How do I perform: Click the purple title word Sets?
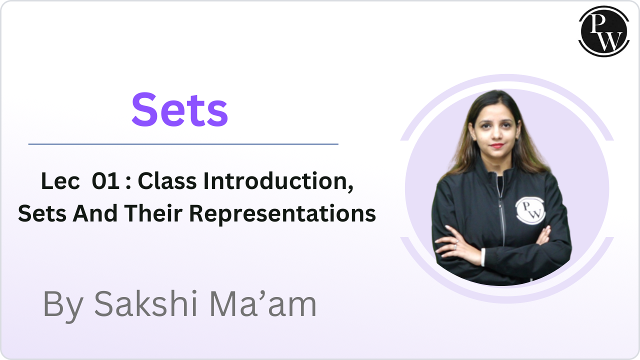click(x=180, y=109)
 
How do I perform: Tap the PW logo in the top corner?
click(x=603, y=30)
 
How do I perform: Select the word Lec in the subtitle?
click(x=60, y=182)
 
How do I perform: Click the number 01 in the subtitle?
click(x=106, y=182)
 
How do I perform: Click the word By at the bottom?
click(x=62, y=304)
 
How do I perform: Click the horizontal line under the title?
click(x=183, y=144)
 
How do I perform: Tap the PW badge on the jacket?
click(x=529, y=210)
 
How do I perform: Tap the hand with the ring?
click(x=456, y=244)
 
